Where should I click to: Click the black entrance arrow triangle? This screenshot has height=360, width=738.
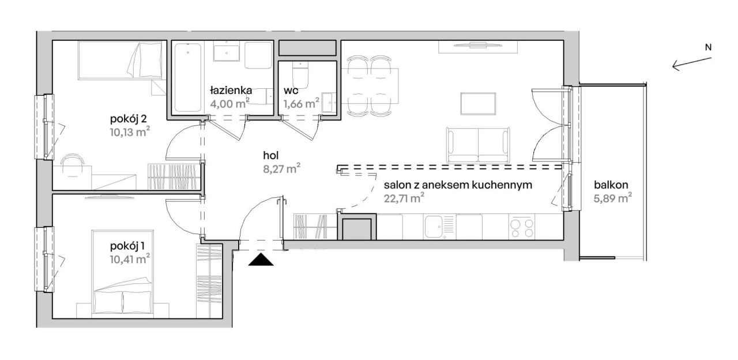point(261,260)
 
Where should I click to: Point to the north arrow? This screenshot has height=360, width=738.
point(692,64)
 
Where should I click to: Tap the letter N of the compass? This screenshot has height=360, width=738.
point(708,47)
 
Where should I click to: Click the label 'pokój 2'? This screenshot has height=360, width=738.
point(129,119)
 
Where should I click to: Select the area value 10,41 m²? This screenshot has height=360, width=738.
point(130,259)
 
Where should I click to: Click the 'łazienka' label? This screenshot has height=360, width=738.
point(231,90)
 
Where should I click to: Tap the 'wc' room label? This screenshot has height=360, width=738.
point(291,91)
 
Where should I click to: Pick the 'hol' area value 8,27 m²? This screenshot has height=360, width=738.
point(282,169)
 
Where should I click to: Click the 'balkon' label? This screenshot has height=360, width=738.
point(611,185)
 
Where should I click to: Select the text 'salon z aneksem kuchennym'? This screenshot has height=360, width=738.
point(458,185)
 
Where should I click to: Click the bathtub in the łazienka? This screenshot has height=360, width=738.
point(188,78)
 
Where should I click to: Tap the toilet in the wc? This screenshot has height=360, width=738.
point(300,75)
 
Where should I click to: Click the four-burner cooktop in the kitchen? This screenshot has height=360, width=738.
point(522,227)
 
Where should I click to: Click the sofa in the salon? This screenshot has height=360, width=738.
point(478,145)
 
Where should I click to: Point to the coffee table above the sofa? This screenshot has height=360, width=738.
point(478,104)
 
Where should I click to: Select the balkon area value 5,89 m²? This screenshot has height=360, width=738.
point(613,199)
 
